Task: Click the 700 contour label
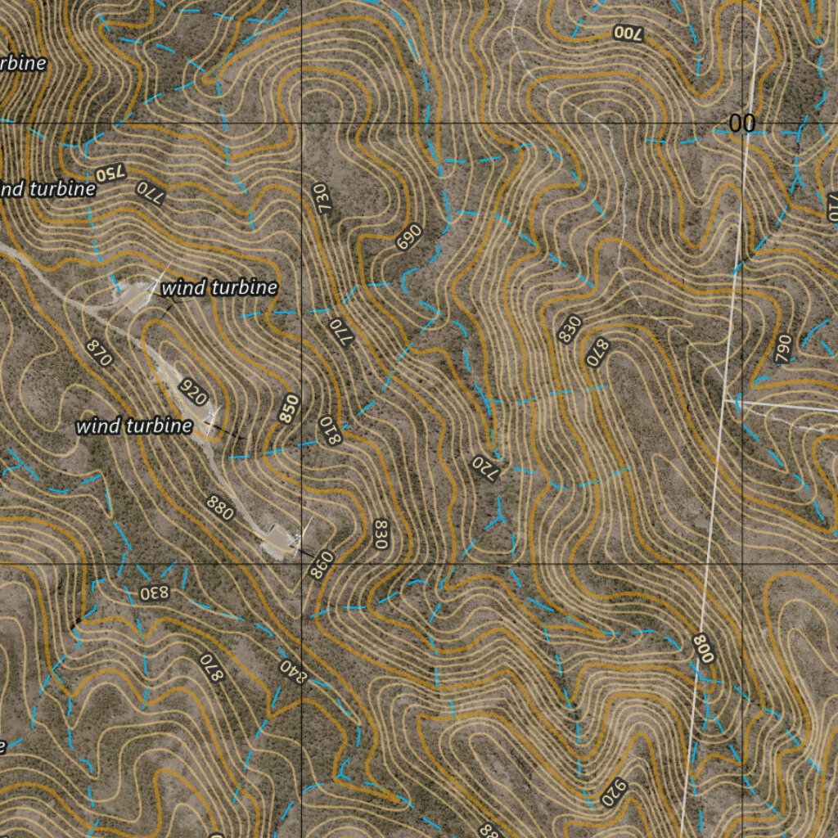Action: click(x=628, y=34)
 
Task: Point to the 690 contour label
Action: click(x=407, y=237)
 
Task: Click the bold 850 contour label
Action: click(x=289, y=409)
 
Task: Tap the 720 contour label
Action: click(x=484, y=469)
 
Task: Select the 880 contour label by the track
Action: click(x=221, y=508)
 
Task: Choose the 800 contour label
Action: click(x=703, y=648)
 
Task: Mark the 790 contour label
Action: click(x=783, y=349)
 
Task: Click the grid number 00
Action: click(x=742, y=124)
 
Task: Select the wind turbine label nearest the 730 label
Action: click(x=219, y=288)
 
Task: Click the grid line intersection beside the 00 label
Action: click(x=744, y=124)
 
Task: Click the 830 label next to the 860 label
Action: click(x=379, y=534)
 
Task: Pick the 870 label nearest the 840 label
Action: click(x=211, y=668)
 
